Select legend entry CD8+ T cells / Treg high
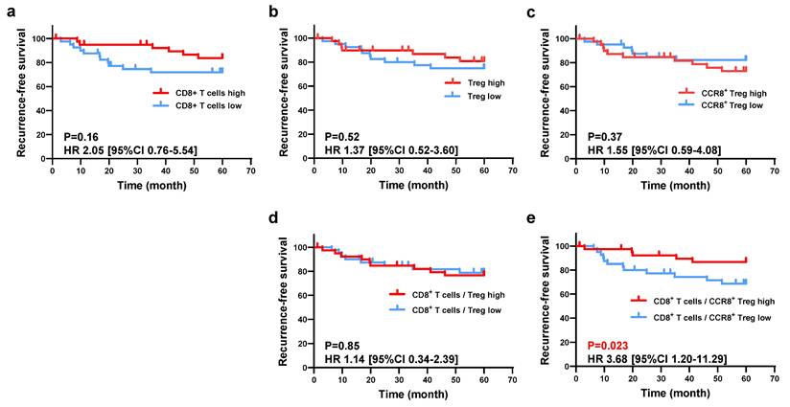[x=451, y=294]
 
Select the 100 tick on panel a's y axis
[x=38, y=38]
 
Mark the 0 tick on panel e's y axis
[x=565, y=368]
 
